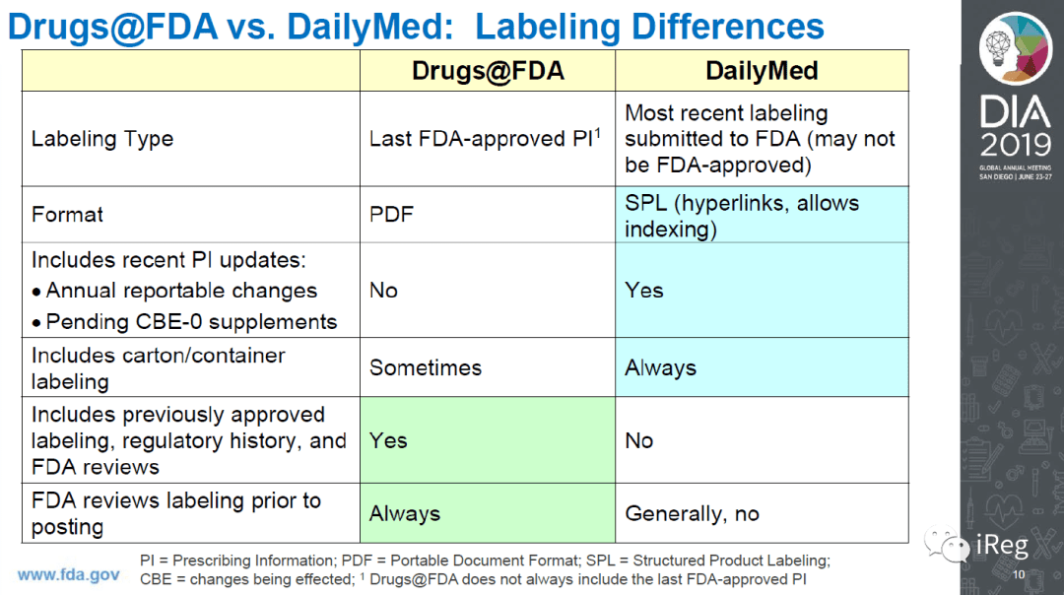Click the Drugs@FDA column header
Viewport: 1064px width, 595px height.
point(488,71)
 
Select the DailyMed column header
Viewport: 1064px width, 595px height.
point(762,71)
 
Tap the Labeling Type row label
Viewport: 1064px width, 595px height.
point(102,139)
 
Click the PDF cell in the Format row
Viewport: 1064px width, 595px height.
point(391,215)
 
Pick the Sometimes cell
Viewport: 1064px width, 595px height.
point(426,367)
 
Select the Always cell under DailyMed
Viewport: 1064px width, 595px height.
point(660,367)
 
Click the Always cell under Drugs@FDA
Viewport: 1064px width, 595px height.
point(405,513)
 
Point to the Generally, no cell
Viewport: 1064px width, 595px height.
point(692,513)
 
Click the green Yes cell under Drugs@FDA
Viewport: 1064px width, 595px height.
point(388,440)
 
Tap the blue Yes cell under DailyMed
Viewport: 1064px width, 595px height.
point(644,291)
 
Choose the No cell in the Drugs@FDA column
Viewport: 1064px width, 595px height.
point(383,291)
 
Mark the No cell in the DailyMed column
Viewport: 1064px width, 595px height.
point(638,440)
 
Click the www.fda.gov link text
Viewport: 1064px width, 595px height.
point(69,574)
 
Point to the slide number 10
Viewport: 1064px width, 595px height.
point(1019,574)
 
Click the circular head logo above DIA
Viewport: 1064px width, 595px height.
point(1015,48)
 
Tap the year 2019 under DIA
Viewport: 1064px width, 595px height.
point(1015,145)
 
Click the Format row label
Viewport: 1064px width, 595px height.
point(67,215)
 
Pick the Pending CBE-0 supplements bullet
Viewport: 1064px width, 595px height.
point(184,321)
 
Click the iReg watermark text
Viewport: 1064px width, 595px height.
point(1002,545)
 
